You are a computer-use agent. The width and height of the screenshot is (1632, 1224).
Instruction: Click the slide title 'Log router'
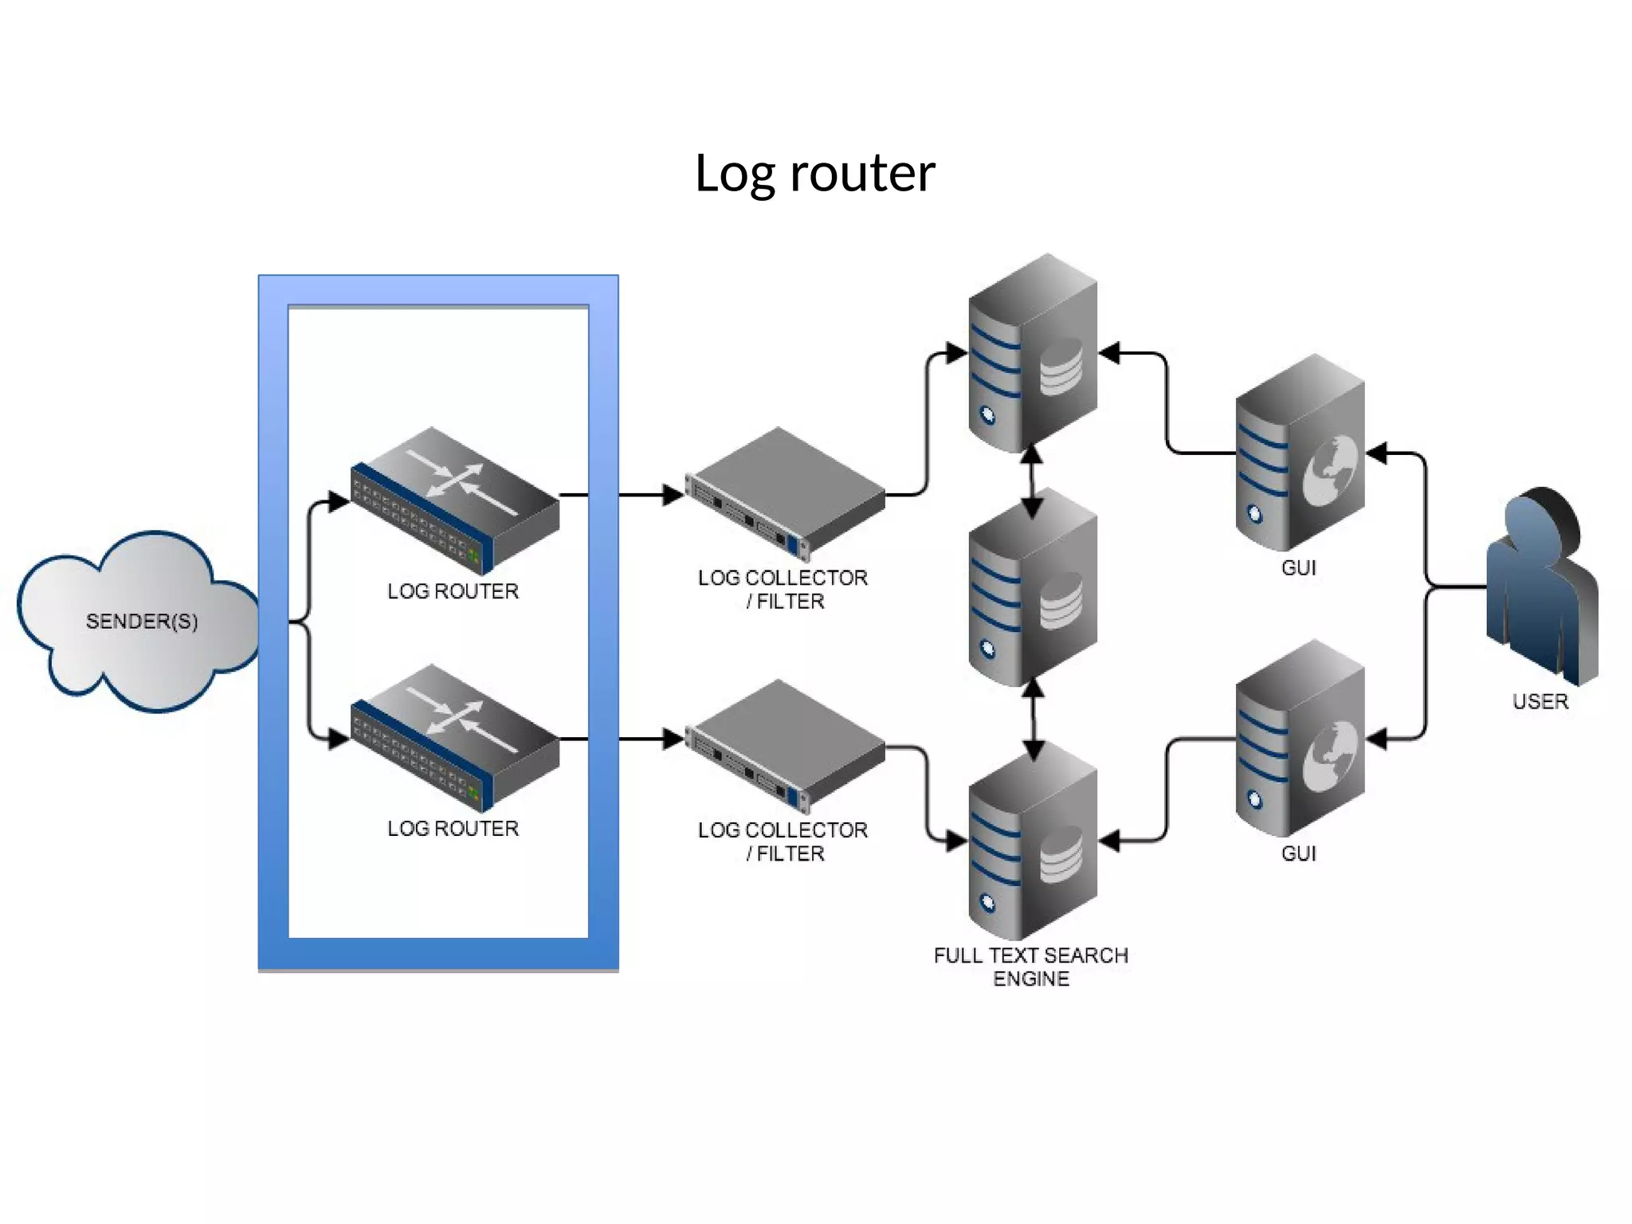coord(814,173)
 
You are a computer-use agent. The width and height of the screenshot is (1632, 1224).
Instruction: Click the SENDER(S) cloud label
coord(142,621)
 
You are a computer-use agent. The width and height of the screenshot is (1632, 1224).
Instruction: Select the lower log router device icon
coord(455,737)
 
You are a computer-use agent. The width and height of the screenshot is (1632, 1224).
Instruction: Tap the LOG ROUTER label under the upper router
coord(453,591)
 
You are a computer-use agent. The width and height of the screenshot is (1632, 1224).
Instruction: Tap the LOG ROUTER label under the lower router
coord(453,829)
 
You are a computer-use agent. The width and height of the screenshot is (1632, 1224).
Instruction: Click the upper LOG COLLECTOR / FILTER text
coord(783,589)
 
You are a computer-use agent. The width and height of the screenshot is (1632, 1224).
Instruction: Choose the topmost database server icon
coord(1033,355)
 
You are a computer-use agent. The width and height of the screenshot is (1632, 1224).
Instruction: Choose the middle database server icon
coord(1033,590)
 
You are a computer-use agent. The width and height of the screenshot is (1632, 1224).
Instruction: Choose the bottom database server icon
coord(1033,845)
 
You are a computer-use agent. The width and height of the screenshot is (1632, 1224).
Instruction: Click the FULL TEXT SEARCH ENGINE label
coord(1031,967)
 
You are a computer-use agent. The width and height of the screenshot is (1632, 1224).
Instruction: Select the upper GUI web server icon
coord(1300,454)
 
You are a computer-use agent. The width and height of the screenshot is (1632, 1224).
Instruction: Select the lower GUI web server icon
coord(1300,741)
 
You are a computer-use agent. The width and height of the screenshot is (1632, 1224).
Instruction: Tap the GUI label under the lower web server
coord(1299,853)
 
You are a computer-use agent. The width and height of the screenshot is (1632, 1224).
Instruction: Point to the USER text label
coord(1540,701)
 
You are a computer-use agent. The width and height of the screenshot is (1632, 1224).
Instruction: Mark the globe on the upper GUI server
coord(1329,470)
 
